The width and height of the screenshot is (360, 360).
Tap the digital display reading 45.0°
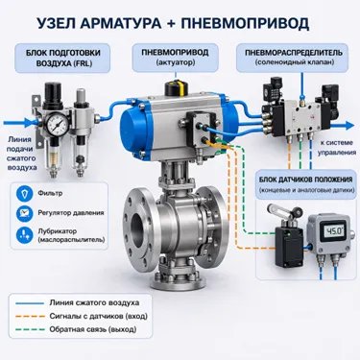click(x=333, y=231)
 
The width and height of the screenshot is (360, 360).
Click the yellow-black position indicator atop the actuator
click(x=176, y=87)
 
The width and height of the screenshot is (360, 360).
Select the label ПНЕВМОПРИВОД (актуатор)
click(x=176, y=58)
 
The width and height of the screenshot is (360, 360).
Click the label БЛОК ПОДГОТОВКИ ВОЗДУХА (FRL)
click(x=63, y=58)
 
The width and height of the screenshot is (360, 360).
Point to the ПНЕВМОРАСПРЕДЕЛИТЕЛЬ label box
click(x=294, y=58)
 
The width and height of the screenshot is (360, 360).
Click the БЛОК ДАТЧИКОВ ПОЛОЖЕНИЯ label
click(x=306, y=184)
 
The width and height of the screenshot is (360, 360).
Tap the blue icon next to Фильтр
click(x=25, y=194)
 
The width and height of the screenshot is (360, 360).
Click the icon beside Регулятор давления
click(x=25, y=213)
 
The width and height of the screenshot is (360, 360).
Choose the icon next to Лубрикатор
click(x=25, y=235)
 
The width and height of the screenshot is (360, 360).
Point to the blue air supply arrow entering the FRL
click(x=20, y=123)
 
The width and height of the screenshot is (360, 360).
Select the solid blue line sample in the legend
click(x=29, y=303)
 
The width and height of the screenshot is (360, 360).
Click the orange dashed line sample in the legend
click(x=30, y=317)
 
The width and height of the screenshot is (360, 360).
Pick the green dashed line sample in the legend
click(x=30, y=329)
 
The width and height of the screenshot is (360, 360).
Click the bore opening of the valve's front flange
click(x=138, y=230)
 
